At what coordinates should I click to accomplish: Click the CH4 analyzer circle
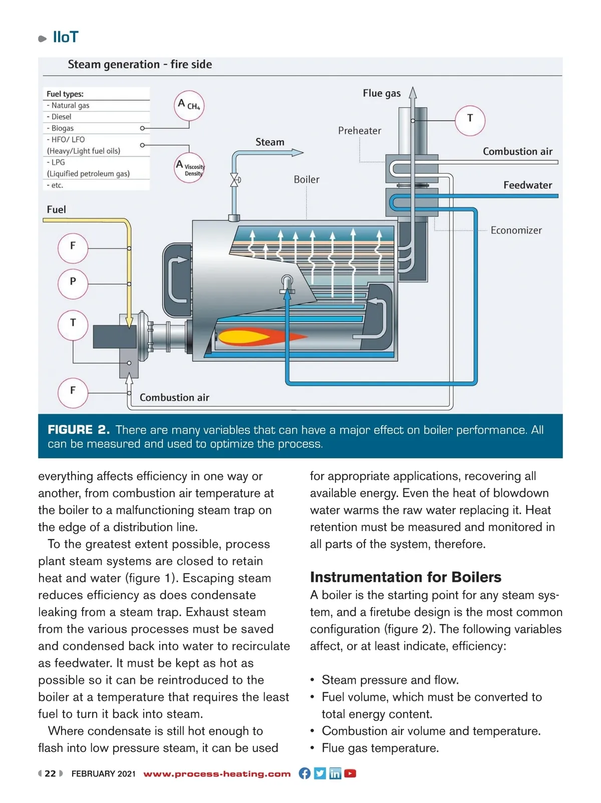pos(189,105)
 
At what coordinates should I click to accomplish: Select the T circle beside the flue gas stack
pos(470,120)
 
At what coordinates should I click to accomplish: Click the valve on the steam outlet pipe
pos(234,180)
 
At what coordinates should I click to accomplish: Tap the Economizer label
pos(516,230)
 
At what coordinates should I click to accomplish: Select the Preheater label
pos(360,131)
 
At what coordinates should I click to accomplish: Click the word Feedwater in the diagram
pos(527,185)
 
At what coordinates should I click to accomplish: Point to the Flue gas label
pos(382,93)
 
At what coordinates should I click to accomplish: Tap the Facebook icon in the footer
pos(305,773)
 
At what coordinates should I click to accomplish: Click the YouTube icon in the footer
pos(350,773)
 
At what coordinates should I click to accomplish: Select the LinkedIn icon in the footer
pos(335,773)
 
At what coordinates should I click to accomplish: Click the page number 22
pos(50,773)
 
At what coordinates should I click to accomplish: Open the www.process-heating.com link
pos(217,773)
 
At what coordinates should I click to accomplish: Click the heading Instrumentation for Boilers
pos(405,577)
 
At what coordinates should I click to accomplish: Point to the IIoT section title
pos(66,37)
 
